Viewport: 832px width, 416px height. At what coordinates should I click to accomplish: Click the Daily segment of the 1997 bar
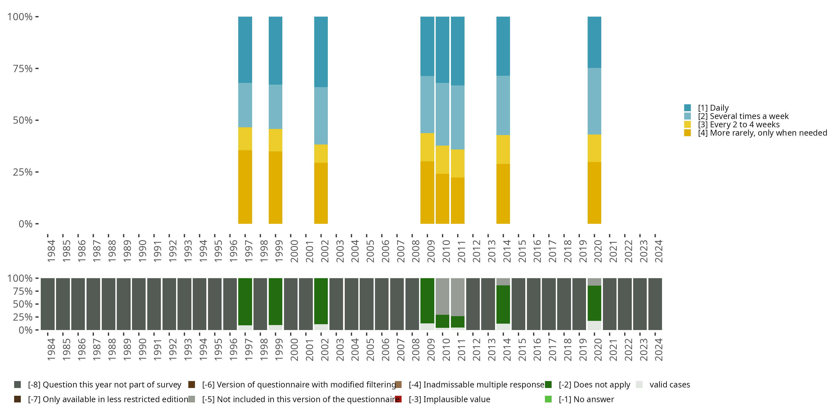pyautogui.click(x=245, y=50)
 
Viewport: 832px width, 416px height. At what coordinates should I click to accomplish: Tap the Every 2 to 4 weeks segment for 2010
pyautogui.click(x=442, y=159)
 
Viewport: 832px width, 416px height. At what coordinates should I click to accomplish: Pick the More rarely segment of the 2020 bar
pyautogui.click(x=594, y=192)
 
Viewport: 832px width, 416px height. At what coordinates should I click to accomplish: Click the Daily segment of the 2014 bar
pyautogui.click(x=503, y=46)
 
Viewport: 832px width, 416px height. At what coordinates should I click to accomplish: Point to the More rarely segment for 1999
pyautogui.click(x=275, y=187)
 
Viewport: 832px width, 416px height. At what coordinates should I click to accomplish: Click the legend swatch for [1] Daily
pyautogui.click(x=687, y=108)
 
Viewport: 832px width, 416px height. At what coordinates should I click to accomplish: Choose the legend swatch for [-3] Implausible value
pyautogui.click(x=398, y=399)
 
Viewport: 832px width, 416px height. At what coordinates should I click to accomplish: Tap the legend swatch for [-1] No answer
pyautogui.click(x=548, y=399)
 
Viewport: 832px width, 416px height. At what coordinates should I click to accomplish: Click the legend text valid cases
pyautogui.click(x=669, y=385)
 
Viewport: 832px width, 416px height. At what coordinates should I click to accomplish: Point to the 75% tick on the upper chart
pyautogui.click(x=37, y=69)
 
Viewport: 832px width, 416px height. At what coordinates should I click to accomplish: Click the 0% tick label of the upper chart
pyautogui.click(x=26, y=224)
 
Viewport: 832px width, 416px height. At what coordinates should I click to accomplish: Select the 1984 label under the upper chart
pyautogui.click(x=51, y=251)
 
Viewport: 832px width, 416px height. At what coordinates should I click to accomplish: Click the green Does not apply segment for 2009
pyautogui.click(x=427, y=300)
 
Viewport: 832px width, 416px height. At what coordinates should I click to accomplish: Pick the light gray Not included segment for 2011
pyautogui.click(x=457, y=297)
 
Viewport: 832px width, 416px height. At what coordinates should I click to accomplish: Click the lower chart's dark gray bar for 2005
pyautogui.click(x=366, y=304)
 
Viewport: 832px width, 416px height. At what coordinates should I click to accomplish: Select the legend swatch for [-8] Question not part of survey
pyautogui.click(x=17, y=385)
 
